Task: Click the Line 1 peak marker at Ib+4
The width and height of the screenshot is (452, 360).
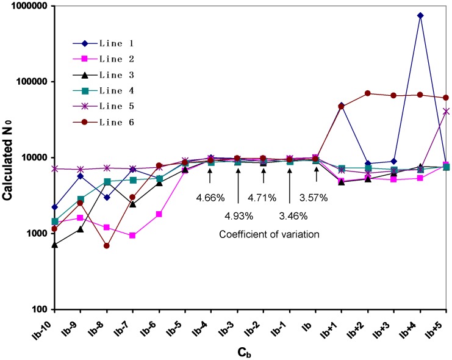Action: point(420,16)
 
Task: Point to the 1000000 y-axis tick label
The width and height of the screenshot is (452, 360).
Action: point(28,5)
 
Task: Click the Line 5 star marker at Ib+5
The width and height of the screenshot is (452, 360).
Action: point(446,111)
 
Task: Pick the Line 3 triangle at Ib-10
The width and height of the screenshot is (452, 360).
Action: point(55,245)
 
